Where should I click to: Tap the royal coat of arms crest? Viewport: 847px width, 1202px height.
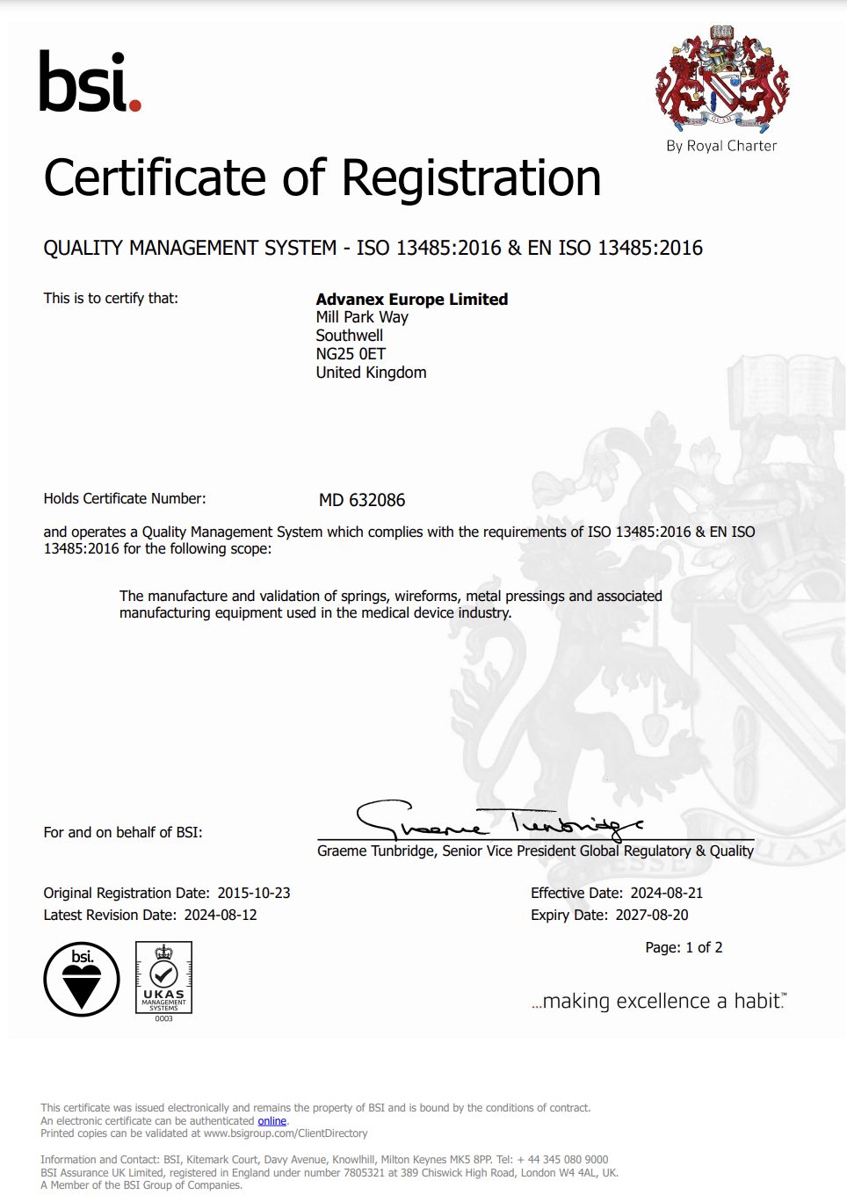click(x=721, y=79)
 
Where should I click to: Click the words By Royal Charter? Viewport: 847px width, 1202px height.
click(x=721, y=146)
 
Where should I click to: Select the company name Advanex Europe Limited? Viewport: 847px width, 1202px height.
click(x=411, y=299)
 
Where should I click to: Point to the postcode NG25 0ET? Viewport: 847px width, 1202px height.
click(x=351, y=354)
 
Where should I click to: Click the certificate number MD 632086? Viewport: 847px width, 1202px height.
click(x=362, y=500)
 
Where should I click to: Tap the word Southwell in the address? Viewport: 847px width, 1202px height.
click(x=349, y=336)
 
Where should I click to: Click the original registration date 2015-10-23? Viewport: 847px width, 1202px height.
click(x=254, y=893)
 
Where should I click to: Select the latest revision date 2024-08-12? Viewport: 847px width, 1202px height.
click(x=221, y=915)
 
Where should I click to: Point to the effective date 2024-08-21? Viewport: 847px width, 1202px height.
click(x=667, y=893)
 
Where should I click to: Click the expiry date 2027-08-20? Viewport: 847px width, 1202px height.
click(x=651, y=915)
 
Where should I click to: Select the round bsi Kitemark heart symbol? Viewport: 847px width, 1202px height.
click(x=82, y=979)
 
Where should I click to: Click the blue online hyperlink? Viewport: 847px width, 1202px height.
click(x=271, y=1120)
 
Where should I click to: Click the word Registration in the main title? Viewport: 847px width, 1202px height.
click(x=471, y=177)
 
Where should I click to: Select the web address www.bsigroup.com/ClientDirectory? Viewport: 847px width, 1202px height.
click(x=286, y=1133)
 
